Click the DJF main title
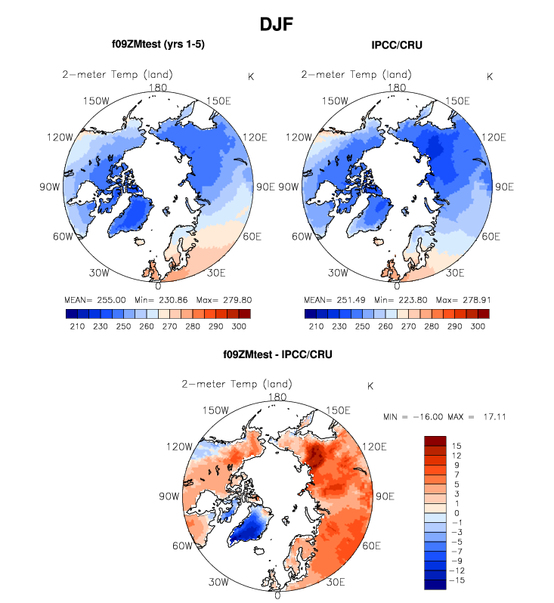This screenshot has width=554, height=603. pyautogui.click(x=276, y=25)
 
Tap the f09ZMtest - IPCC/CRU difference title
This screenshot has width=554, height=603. pyautogui.click(x=277, y=354)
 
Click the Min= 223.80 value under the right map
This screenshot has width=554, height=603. pyautogui.click(x=405, y=298)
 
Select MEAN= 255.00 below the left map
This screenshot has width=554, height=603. pyautogui.click(x=90, y=298)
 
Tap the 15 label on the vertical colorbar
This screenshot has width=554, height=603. pyautogui.click(x=457, y=446)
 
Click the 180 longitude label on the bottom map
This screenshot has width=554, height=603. pyautogui.click(x=277, y=397)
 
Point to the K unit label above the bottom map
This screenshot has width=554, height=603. pyautogui.click(x=370, y=386)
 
